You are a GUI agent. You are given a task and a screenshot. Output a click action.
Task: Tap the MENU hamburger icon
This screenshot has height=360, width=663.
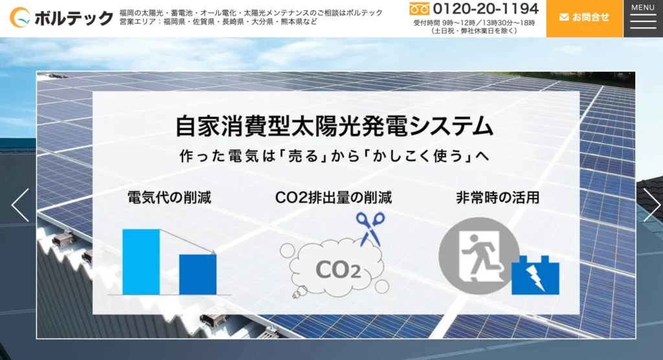coord(643,19)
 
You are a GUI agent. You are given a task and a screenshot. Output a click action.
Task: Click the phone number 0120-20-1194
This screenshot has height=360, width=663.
coord(486,8)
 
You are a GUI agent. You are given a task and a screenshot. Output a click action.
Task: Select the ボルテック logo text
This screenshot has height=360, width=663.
coord(74,18)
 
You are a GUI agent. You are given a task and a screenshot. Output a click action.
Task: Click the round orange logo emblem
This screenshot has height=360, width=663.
coord(20,17)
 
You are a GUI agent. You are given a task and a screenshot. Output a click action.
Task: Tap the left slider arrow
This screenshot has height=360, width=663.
coord(20,205)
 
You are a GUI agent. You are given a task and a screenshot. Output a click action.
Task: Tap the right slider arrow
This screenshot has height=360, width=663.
coord(651,205)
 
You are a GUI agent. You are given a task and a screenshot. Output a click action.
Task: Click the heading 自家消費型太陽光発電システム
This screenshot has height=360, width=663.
coord(335,126)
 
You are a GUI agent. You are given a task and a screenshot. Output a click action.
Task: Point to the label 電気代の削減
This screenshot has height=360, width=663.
coord(169,197)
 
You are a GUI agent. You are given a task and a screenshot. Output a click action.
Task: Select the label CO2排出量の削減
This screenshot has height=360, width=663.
coord(333,197)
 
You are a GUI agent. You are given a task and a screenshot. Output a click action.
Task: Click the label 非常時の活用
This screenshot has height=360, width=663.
coord(498,197)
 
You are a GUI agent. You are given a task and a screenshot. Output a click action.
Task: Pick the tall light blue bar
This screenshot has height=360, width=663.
coord(141,262)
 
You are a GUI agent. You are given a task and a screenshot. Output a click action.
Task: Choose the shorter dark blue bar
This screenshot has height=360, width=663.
coord(198,275)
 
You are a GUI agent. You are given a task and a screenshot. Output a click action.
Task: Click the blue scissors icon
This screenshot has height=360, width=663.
coord(370,229)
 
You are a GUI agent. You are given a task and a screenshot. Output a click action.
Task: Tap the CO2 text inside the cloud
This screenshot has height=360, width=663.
coord(338,269)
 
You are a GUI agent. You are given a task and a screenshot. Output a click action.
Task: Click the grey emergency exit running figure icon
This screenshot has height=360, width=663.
coord(478,256)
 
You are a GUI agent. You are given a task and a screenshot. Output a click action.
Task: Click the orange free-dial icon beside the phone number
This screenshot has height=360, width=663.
coord(420,9)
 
